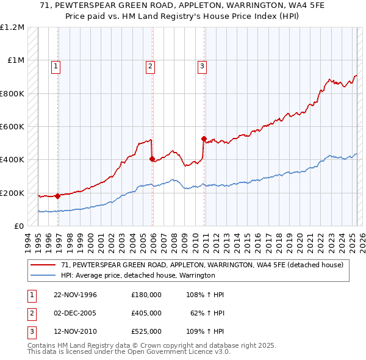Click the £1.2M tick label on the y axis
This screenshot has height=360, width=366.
(x=13, y=27)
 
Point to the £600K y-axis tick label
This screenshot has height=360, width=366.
(x=13, y=127)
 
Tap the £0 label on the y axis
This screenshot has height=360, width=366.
(x=19, y=226)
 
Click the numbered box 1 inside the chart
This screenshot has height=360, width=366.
(x=56, y=67)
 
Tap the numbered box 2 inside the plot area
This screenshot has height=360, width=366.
(x=149, y=67)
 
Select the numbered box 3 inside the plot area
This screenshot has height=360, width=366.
(x=201, y=67)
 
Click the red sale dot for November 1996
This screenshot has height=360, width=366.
(x=57, y=196)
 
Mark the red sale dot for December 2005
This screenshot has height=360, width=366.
(x=152, y=159)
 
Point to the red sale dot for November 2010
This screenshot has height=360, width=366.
(x=204, y=139)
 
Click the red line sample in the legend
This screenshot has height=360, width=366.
(x=43, y=265)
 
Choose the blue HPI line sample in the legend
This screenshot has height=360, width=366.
(x=43, y=275)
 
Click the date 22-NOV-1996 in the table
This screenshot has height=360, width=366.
(x=75, y=295)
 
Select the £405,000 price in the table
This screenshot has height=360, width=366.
(x=146, y=314)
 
